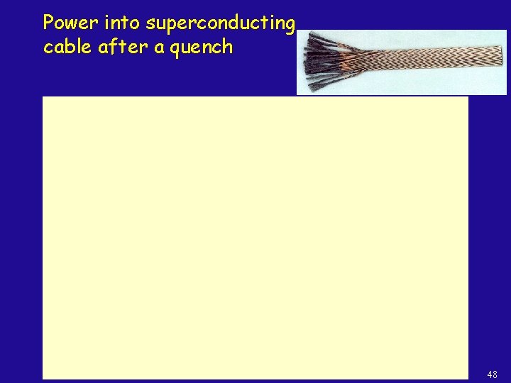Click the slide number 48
(x=492, y=374)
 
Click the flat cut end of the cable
(x=502, y=56)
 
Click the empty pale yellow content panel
(x=255, y=238)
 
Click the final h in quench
(x=226, y=47)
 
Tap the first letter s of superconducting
(x=150, y=25)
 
